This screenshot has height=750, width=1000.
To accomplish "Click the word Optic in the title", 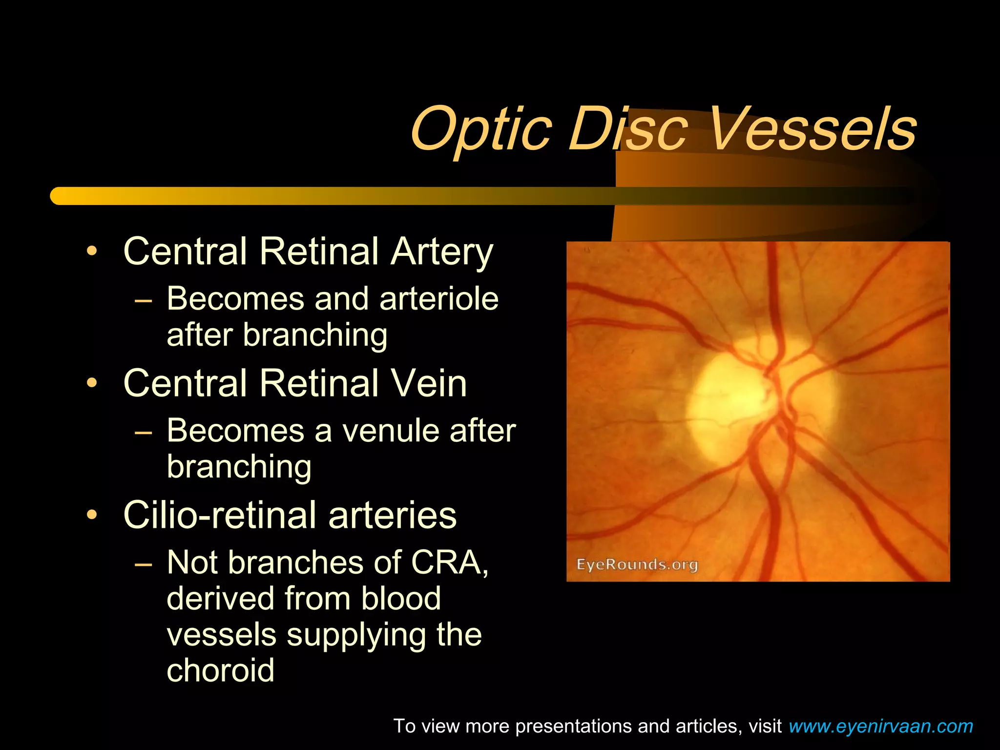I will pos(481,130).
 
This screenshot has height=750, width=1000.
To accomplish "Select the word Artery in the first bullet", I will pos(442,251).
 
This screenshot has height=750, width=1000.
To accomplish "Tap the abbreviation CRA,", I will pos(450,562).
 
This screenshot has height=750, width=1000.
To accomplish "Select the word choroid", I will pos(221,670).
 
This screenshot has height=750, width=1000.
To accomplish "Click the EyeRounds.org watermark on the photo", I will pos(637,565).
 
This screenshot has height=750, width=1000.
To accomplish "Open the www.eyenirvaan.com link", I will pos(880,726).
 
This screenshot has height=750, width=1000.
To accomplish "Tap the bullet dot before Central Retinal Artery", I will pos(92,252).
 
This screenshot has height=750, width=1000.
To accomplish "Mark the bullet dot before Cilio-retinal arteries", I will pos(92,515).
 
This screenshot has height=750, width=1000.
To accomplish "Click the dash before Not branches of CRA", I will pos(144,564).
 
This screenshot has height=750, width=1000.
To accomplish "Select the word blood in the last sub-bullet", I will pos(401,599).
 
